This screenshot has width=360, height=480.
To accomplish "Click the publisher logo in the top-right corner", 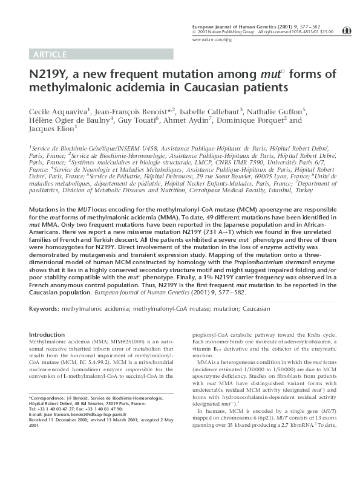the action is (x=346, y=28).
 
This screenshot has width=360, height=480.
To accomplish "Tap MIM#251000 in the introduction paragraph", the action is (x=104, y=342).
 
